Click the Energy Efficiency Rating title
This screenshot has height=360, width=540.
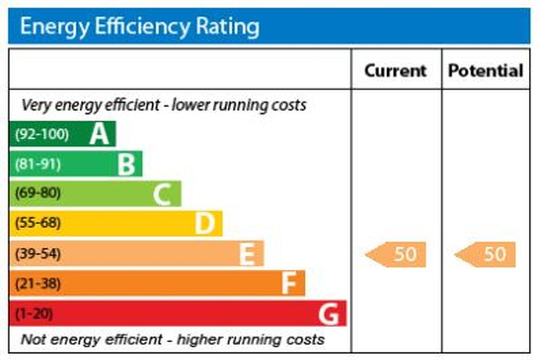(x=140, y=27)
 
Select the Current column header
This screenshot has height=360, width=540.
(x=396, y=70)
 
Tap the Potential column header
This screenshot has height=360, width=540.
(x=486, y=70)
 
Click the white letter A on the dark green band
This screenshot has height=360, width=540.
(x=99, y=134)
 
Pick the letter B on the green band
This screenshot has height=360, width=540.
(x=126, y=164)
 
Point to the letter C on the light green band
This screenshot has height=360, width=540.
(x=163, y=194)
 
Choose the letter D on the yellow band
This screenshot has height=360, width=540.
(x=205, y=224)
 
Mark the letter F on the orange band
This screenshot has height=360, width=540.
(x=288, y=284)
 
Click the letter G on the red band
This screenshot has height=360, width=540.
(x=329, y=314)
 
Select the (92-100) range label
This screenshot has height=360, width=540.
(x=41, y=134)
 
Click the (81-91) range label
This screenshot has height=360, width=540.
(x=38, y=164)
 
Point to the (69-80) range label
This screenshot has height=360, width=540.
(x=38, y=194)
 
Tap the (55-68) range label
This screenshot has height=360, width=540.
(x=38, y=224)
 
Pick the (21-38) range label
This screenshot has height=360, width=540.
(x=38, y=284)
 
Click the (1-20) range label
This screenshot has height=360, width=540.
(x=33, y=314)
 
